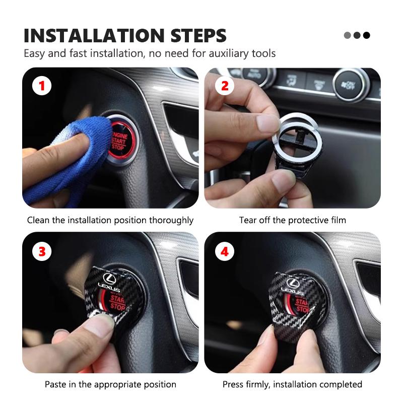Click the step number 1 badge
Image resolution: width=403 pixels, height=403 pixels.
(x=42, y=86)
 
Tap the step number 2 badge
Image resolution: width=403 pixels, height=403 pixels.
(x=225, y=86)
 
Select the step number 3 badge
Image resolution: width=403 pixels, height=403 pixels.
(x=42, y=250)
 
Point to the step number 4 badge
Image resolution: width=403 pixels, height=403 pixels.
(x=225, y=250)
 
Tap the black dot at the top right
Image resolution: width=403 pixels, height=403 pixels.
(x=367, y=35)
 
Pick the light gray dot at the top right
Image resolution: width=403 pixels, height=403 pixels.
(x=347, y=35)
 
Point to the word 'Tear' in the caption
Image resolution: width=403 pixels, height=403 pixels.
(x=247, y=220)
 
